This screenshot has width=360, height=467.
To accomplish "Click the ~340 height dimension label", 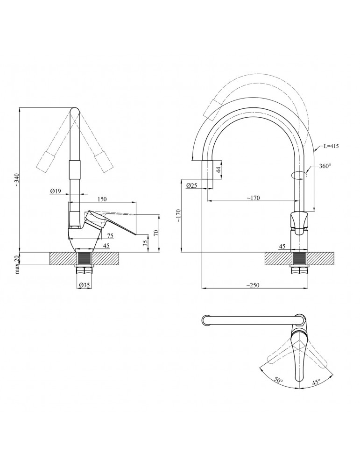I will [x=17, y=180].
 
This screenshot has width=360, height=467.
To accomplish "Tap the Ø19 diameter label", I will [x=56, y=191].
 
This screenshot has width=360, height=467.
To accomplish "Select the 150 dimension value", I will [x=102, y=199].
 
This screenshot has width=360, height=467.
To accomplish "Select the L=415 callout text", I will [x=330, y=147].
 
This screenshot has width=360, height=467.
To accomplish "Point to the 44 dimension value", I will [x=218, y=170].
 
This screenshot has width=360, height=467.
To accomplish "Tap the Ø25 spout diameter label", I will [x=191, y=185].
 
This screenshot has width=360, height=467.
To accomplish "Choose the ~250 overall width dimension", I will [x=253, y=285].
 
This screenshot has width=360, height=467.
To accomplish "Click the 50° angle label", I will [x=279, y=381].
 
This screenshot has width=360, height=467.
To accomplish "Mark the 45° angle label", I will [x=316, y=381].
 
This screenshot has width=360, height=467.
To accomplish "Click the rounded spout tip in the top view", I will [x=205, y=320].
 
